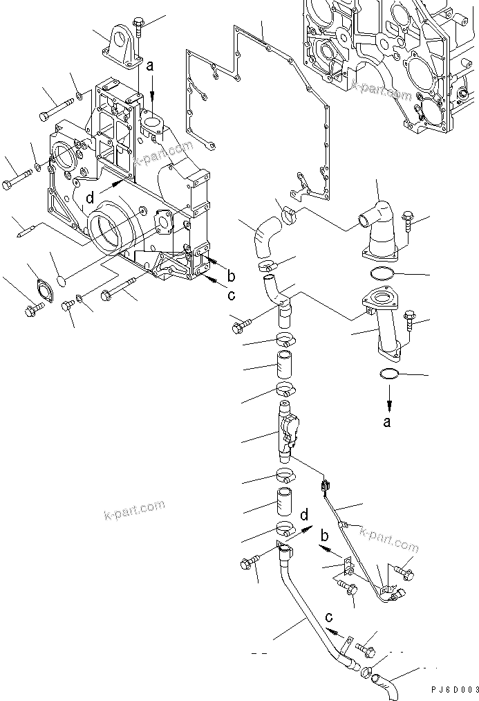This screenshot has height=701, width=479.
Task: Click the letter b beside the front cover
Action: coord(232,277)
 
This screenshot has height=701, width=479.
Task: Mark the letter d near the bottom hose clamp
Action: coord(304,513)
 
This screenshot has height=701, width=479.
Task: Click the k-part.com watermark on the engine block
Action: coord(382,91)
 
